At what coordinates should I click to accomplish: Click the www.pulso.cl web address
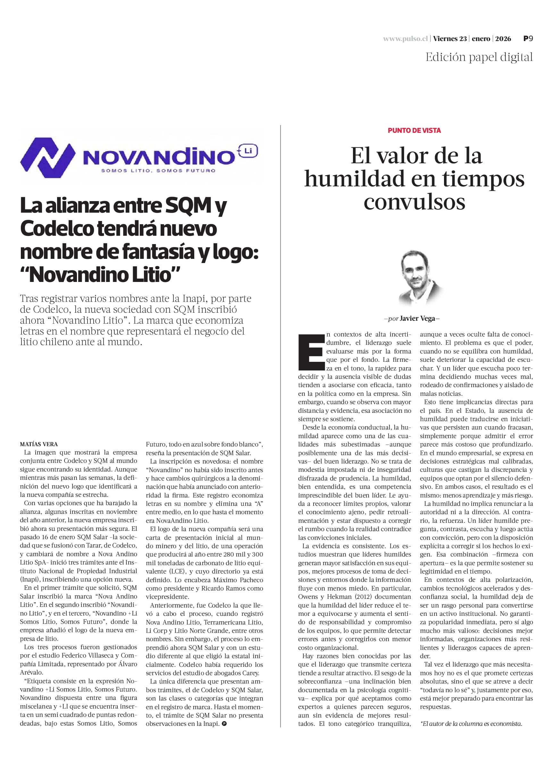point(405,39)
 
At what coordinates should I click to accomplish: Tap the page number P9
point(528,38)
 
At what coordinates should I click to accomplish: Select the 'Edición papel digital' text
point(479,57)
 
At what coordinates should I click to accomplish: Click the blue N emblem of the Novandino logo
point(47,157)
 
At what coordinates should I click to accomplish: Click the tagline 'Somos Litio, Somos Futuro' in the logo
point(158,171)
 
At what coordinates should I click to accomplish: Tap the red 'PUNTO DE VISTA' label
point(414,131)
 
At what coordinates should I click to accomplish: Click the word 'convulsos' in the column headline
point(414,202)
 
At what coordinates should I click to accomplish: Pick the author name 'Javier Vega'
point(417,319)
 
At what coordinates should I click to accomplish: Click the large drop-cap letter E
point(311,352)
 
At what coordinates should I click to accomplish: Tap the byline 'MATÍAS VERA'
point(39,444)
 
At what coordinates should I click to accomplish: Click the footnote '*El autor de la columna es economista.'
point(471,724)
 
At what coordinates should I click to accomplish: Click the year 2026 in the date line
point(503,39)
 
